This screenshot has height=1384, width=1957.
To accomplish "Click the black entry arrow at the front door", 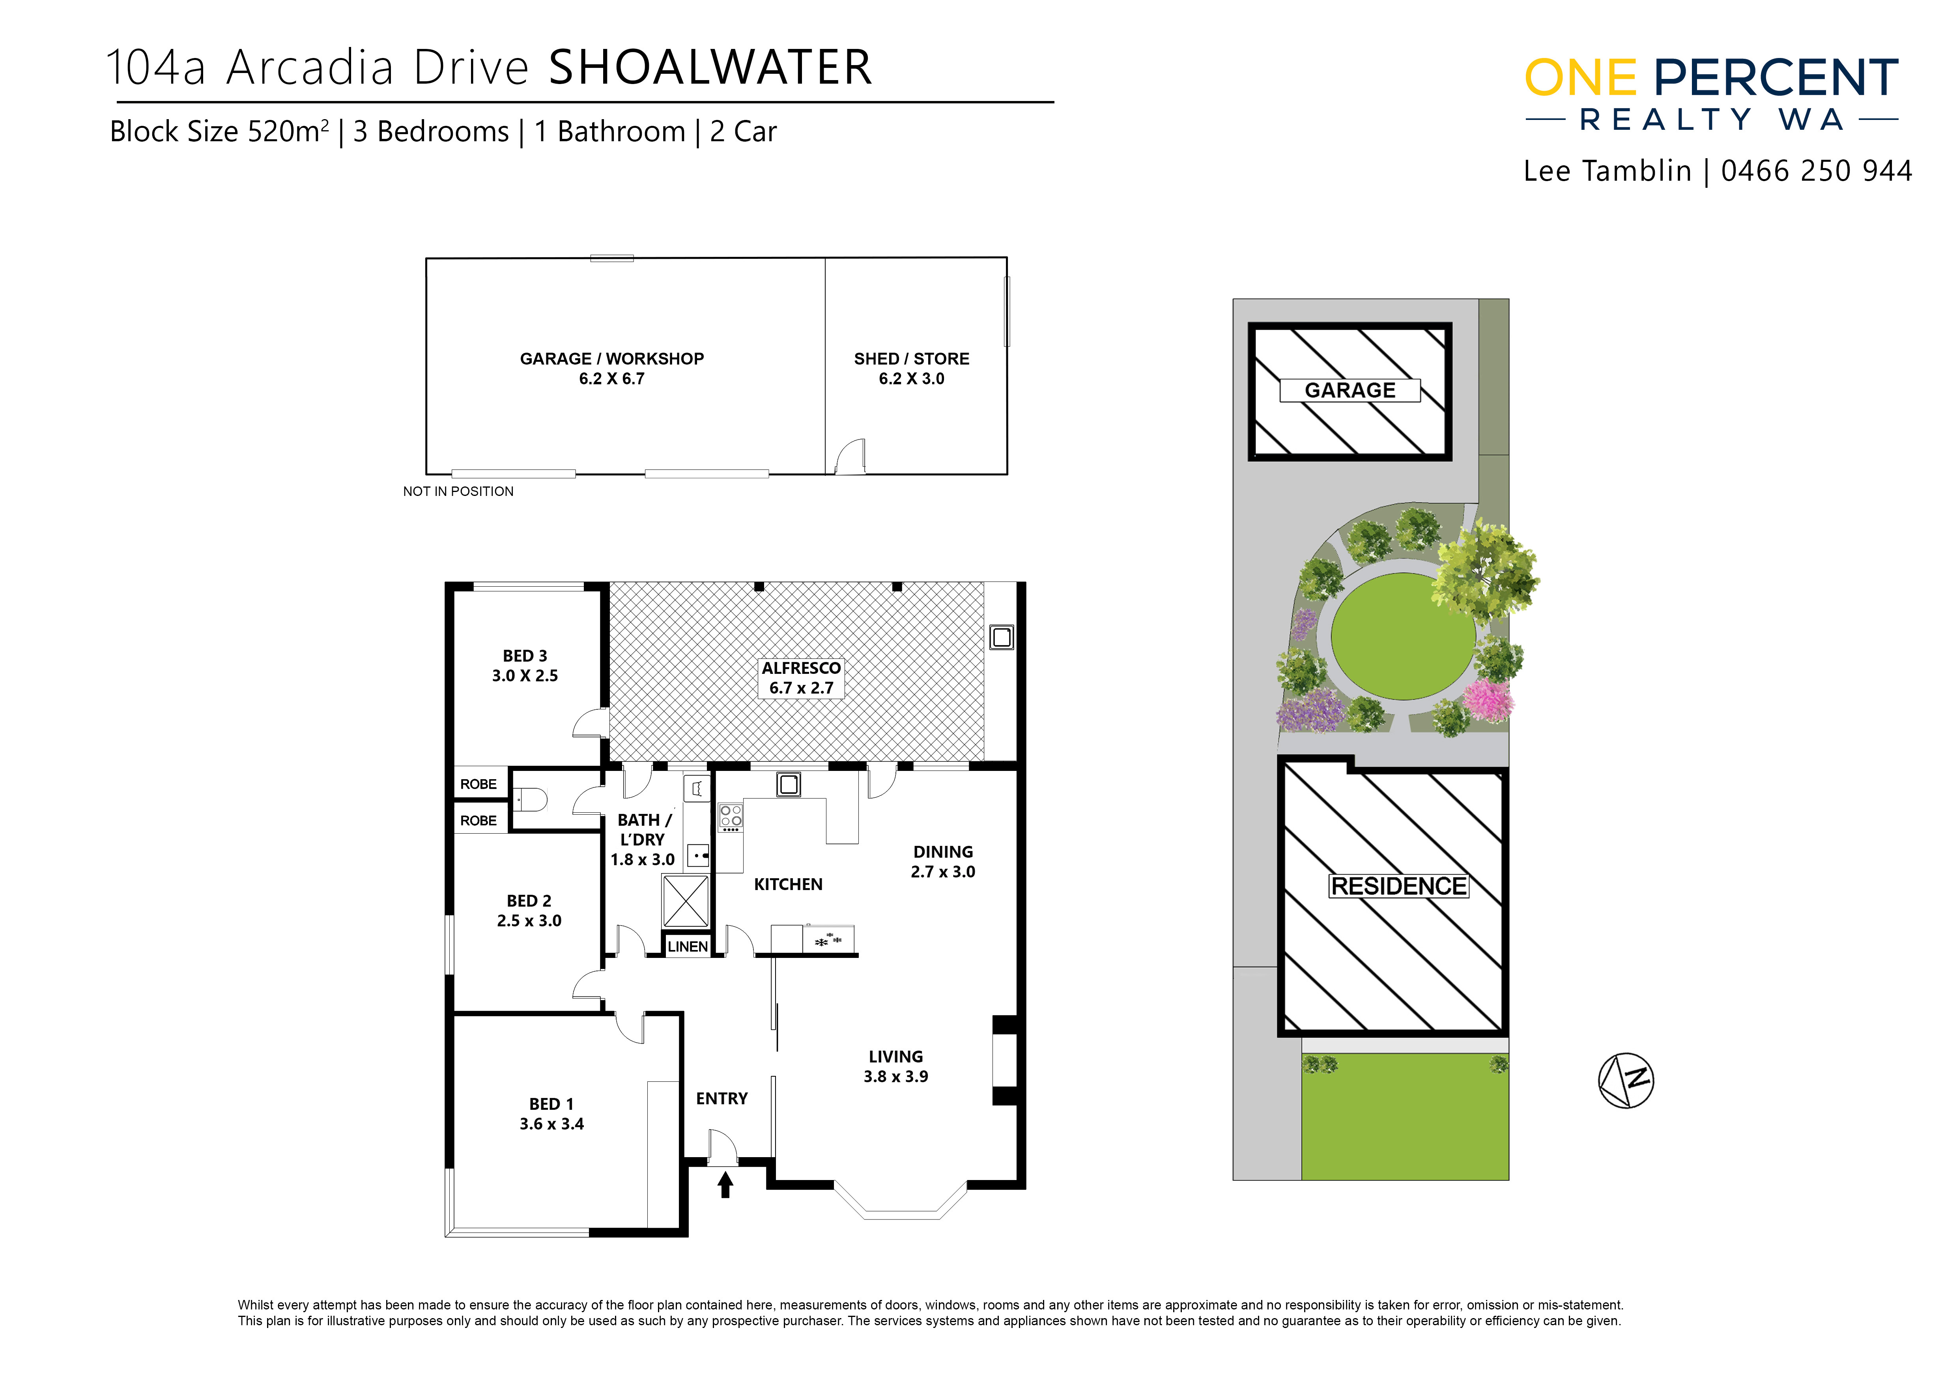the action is (725, 1185).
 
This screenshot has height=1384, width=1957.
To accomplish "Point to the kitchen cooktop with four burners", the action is (731, 818).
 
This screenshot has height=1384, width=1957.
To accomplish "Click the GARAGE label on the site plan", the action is (1350, 390).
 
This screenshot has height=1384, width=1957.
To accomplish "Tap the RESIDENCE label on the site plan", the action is (1399, 887).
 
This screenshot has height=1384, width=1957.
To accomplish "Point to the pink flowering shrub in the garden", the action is (1488, 701).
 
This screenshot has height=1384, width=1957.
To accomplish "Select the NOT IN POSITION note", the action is (458, 492).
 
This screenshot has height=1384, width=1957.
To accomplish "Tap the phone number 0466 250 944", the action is (1816, 171).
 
